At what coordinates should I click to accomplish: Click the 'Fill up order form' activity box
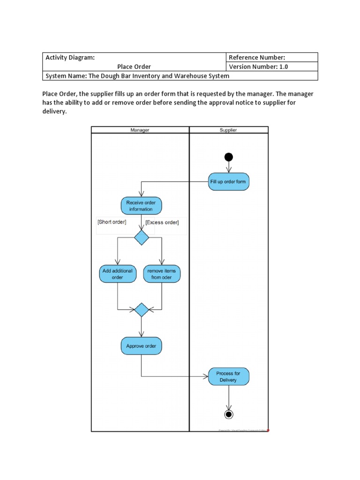pyautogui.click(x=228, y=181)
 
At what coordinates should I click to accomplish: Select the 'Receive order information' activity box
pyautogui.click(x=141, y=206)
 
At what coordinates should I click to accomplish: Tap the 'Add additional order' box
pyautogui.click(x=117, y=274)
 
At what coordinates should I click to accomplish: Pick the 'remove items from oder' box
pyautogui.click(x=162, y=274)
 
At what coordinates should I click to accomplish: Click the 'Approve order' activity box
pyautogui.click(x=141, y=346)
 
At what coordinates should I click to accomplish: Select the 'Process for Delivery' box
pyautogui.click(x=228, y=376)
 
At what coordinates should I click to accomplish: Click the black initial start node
pyautogui.click(x=229, y=157)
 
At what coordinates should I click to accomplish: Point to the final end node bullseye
pyautogui.click(x=229, y=414)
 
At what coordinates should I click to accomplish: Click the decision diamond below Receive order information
pyautogui.click(x=142, y=238)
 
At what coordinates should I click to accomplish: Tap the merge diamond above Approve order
pyautogui.click(x=142, y=310)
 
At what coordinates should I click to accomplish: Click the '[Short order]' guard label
pyautogui.click(x=112, y=222)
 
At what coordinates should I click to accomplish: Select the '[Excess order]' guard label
pyautogui.click(x=162, y=222)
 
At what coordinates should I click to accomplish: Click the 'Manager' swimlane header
pyautogui.click(x=140, y=130)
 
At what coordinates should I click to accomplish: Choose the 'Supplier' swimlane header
pyautogui.click(x=228, y=130)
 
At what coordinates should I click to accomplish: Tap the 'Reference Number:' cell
pyautogui.click(x=257, y=57)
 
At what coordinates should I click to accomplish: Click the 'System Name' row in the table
pyautogui.click(x=137, y=76)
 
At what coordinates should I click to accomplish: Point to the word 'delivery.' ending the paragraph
pyautogui.click(x=55, y=112)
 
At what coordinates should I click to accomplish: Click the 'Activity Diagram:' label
pyautogui.click(x=70, y=57)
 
